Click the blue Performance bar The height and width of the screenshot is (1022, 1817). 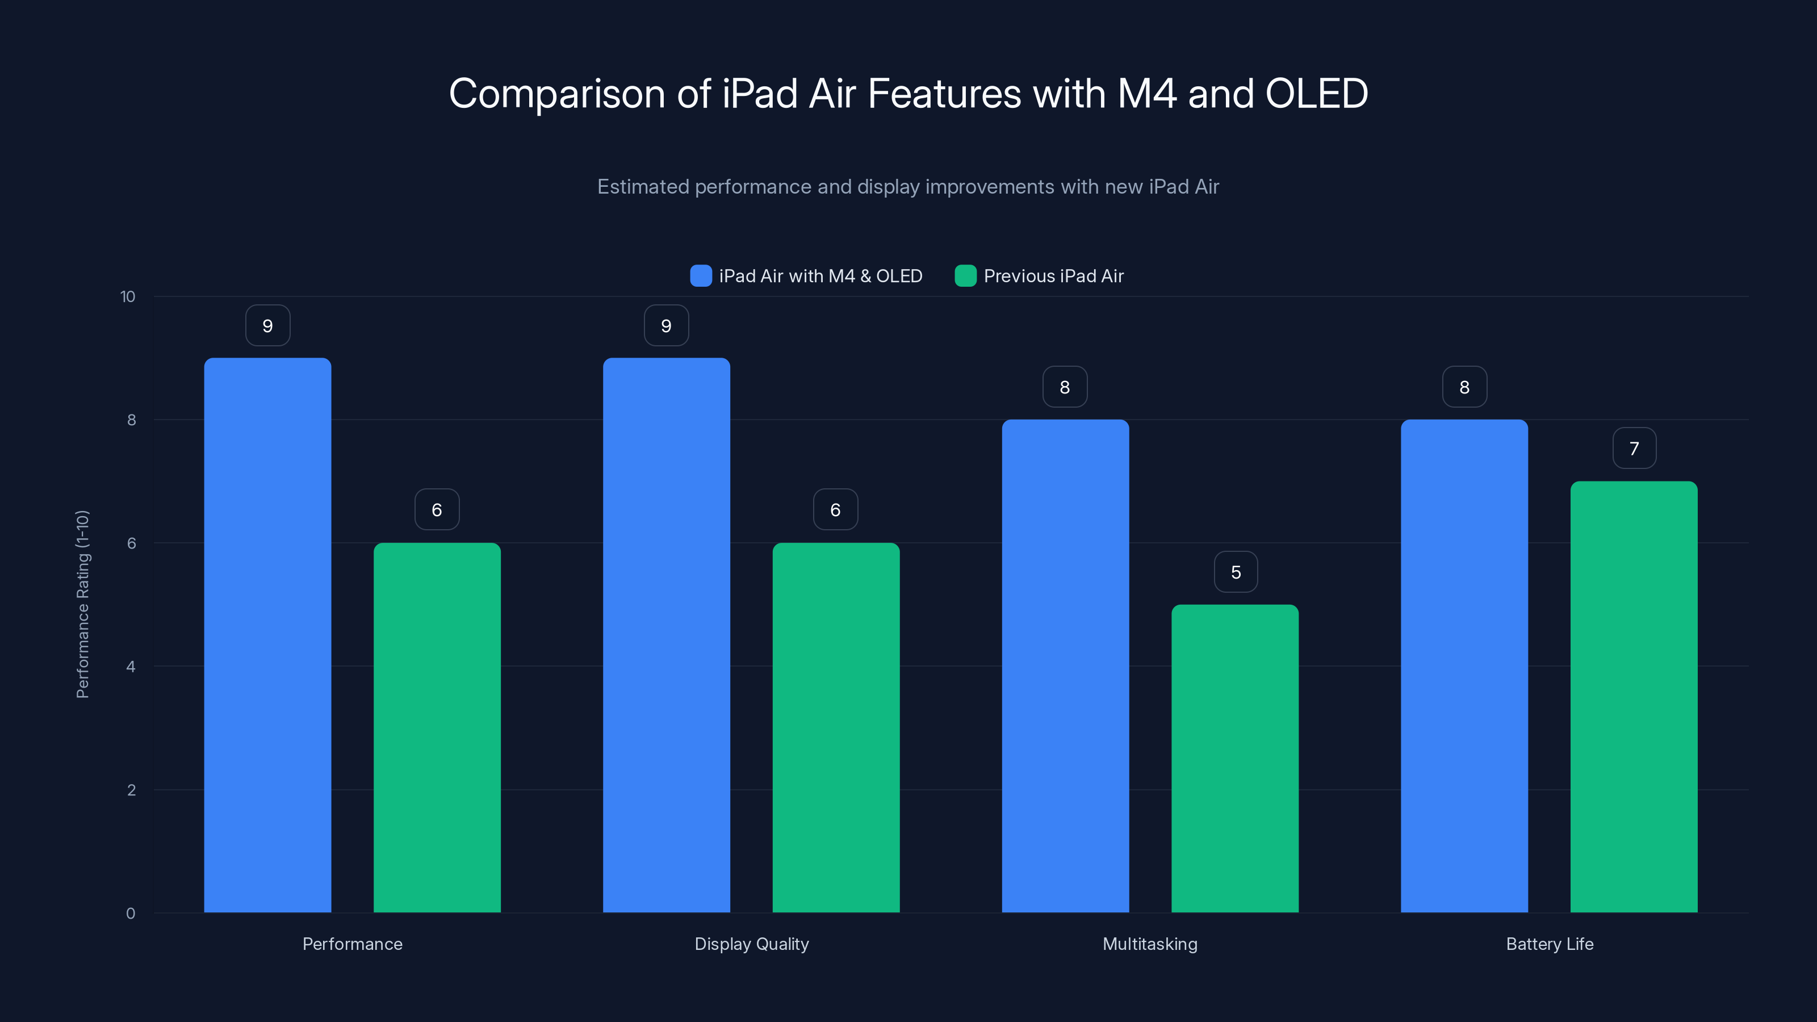(x=267, y=635)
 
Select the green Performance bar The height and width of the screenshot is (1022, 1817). (x=437, y=727)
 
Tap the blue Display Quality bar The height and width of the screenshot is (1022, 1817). (x=666, y=635)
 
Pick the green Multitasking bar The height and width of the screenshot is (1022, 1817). (x=1234, y=758)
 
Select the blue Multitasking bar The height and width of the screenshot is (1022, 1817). (x=1065, y=666)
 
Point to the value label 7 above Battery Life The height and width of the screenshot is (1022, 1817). (x=1634, y=449)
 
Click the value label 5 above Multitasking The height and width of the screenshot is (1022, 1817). (x=1236, y=572)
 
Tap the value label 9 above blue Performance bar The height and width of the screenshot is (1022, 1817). (x=267, y=326)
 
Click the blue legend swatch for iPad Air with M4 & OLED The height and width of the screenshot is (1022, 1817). (x=701, y=276)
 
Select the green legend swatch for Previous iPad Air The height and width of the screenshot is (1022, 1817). (x=965, y=276)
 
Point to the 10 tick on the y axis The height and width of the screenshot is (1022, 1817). (x=128, y=296)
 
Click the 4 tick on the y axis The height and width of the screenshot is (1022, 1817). (x=131, y=667)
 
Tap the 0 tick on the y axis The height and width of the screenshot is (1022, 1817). (x=131, y=914)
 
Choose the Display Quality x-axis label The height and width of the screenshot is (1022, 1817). (x=751, y=944)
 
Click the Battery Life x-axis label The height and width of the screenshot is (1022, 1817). (x=1549, y=944)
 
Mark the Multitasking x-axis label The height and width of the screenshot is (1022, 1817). (x=1150, y=944)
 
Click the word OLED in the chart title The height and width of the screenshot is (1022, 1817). (x=1316, y=94)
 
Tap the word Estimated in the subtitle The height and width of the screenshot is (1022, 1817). (x=643, y=187)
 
